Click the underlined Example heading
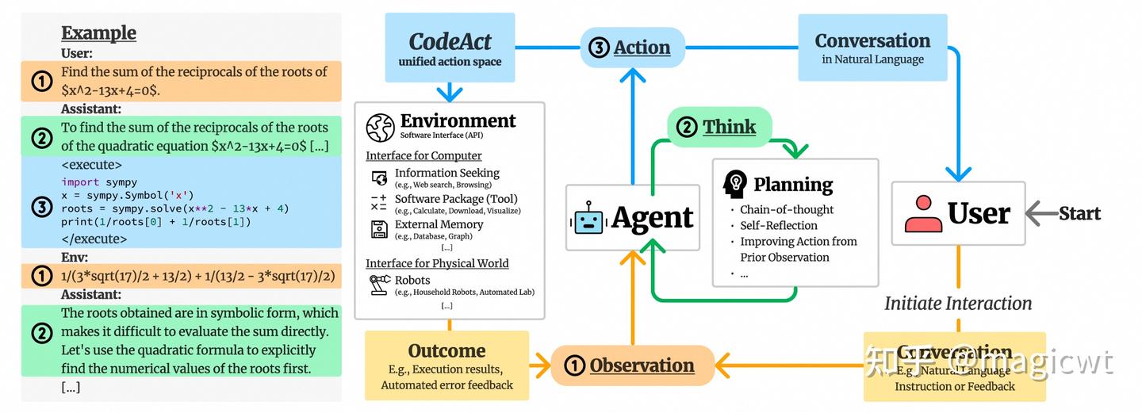coord(98,33)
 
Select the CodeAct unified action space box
coord(450,48)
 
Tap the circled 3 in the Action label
coord(599,48)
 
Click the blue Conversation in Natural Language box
coord(872,48)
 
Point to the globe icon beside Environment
coord(381,128)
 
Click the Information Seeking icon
coord(378,178)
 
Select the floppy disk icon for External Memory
coord(378,229)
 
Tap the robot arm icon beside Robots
coord(378,285)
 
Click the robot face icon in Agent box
coord(588,218)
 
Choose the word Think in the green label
coord(729,127)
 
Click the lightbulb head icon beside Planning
coord(734,184)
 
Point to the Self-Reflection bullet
coord(778,225)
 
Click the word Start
coord(1079,213)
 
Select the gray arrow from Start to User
coord(1040,213)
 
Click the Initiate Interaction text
coord(958,304)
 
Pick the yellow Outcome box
coord(446,365)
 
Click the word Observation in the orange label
coord(642,365)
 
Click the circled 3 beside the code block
coord(41,208)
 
